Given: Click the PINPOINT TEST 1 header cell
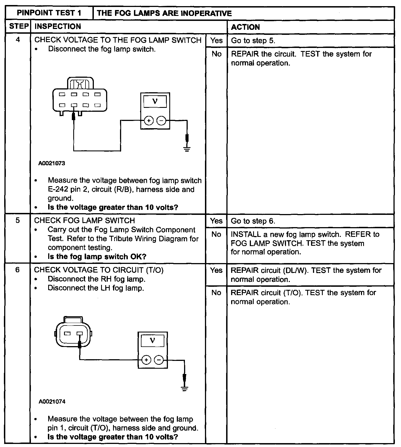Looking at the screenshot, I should click(x=49, y=13).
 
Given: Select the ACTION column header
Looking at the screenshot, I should click(x=245, y=27).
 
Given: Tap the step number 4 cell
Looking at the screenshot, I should click(x=18, y=40).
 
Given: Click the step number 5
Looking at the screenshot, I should click(x=18, y=221).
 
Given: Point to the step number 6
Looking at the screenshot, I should click(x=18, y=270).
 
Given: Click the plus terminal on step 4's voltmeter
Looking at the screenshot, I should click(x=149, y=121).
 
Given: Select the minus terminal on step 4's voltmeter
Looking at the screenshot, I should click(x=161, y=121).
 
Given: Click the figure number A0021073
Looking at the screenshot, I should click(x=52, y=163).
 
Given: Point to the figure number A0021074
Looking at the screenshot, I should click(x=52, y=402).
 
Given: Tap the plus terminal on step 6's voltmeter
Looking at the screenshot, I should click(x=146, y=360).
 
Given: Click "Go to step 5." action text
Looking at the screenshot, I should click(x=253, y=41).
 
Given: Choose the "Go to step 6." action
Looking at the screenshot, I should click(x=253, y=221).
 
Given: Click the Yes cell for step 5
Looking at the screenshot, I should click(x=216, y=221).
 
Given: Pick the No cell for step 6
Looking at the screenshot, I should click(x=216, y=293).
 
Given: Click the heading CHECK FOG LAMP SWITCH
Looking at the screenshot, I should click(x=84, y=221).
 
